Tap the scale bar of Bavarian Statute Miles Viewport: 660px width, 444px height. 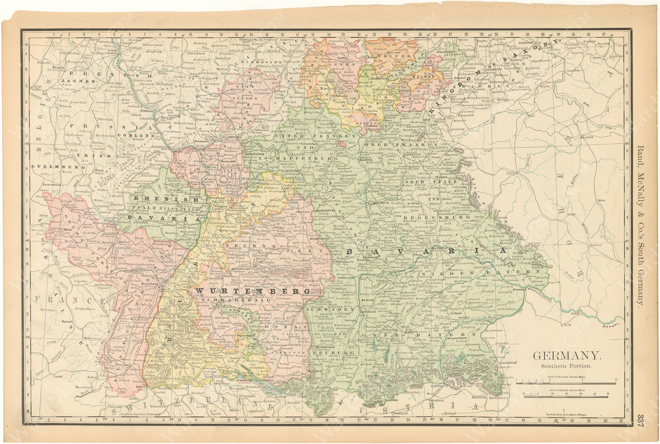click(x=566, y=382)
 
